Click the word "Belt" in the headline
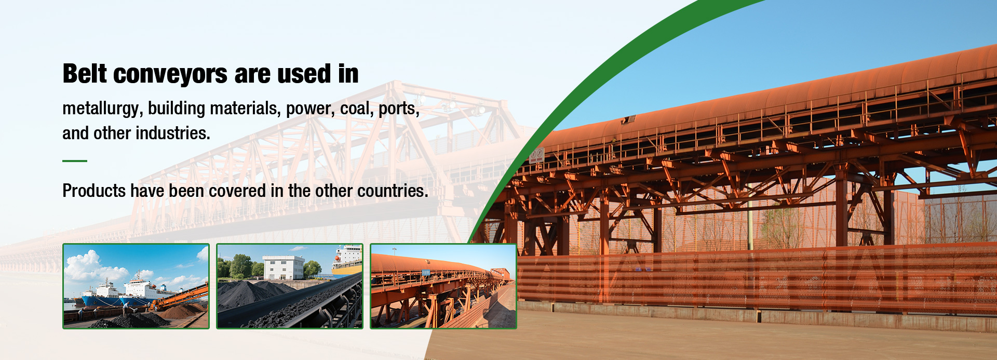pyautogui.click(x=85, y=74)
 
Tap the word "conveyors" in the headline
pyautogui.click(x=170, y=75)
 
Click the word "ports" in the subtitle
pyautogui.click(x=399, y=109)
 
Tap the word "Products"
pyautogui.click(x=94, y=191)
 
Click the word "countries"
pyautogui.click(x=393, y=191)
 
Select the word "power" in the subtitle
pyautogui.click(x=310, y=109)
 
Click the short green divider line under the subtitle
pyautogui.click(x=75, y=161)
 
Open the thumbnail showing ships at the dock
pyautogui.click(x=136, y=286)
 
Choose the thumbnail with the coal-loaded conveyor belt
pyautogui.click(x=290, y=286)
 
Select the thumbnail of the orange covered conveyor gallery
pyautogui.click(x=443, y=286)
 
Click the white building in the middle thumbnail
pyautogui.click(x=284, y=268)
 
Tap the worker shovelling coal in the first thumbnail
pyautogui.click(x=126, y=309)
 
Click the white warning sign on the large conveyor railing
pyautogui.click(x=536, y=155)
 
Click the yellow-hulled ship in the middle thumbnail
pyautogui.click(x=347, y=260)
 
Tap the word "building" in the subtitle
pyautogui.click(x=177, y=109)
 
